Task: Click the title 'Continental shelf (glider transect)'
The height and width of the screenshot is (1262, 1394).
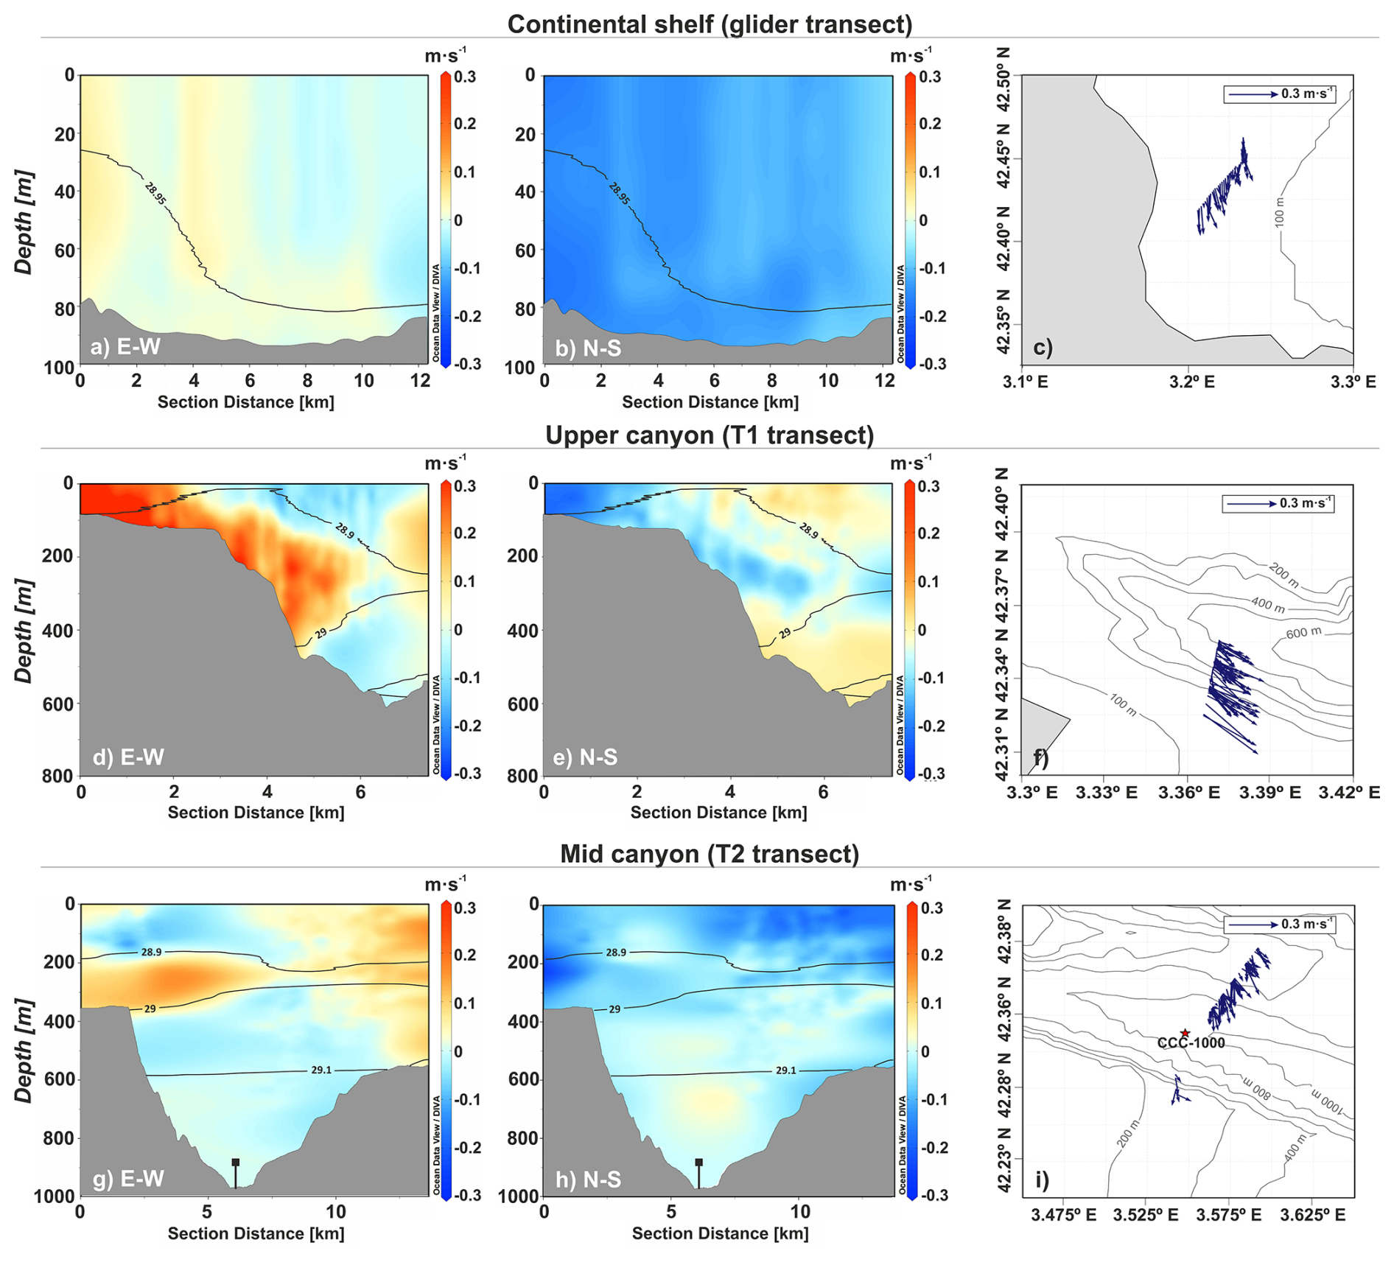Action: (709, 24)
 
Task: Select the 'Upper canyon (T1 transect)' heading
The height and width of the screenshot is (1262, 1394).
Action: (709, 435)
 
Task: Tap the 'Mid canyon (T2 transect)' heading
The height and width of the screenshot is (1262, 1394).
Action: (709, 853)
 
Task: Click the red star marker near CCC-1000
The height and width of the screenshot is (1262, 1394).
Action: (1185, 1033)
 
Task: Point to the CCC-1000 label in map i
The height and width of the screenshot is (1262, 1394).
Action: (1191, 1043)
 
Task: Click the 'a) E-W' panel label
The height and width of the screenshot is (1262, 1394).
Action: (125, 346)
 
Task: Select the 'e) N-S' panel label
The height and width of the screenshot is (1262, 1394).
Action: (585, 757)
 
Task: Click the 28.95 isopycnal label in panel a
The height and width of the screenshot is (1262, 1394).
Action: (155, 194)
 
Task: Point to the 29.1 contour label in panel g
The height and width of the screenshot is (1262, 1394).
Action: (321, 1070)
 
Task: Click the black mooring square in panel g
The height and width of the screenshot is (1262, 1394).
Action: (236, 1163)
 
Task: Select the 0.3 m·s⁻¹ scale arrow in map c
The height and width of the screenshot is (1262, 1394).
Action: (1253, 94)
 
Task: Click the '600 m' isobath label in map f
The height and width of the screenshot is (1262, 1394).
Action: (1303, 633)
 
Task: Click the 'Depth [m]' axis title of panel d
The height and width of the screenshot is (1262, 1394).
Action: (24, 631)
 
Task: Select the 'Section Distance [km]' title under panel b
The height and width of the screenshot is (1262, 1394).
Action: (710, 402)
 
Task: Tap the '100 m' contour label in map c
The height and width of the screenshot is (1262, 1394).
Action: (1280, 212)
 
